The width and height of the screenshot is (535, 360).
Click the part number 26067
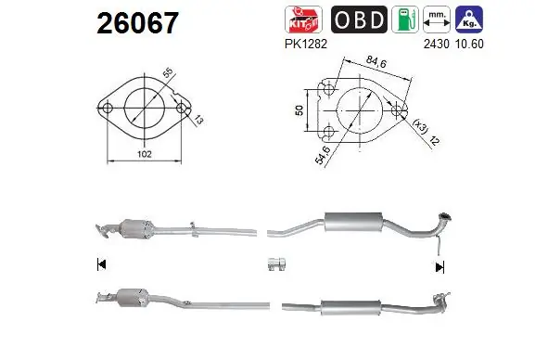click(137, 23)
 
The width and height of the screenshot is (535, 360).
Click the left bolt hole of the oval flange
click(108, 109)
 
